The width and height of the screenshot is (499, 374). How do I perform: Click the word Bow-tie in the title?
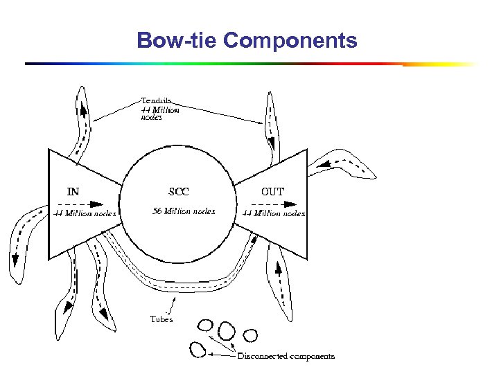pyautogui.click(x=177, y=40)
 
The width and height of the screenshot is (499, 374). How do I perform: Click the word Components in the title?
pyautogui.click(x=290, y=40)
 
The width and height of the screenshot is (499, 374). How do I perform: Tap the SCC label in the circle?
pyautogui.click(x=178, y=191)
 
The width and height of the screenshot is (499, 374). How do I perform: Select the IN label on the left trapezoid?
pyautogui.click(x=73, y=191)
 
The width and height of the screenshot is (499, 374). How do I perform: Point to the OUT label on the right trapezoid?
pyautogui.click(x=272, y=191)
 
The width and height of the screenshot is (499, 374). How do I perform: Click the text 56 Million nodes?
pyautogui.click(x=184, y=211)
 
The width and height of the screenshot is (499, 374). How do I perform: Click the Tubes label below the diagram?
pyautogui.click(x=161, y=319)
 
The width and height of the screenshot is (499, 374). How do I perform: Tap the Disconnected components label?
pyautogui.click(x=286, y=357)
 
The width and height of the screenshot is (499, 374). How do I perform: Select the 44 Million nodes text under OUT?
pyautogui.click(x=273, y=213)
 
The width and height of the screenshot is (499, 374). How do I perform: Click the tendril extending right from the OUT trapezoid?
pyautogui.click(x=343, y=163)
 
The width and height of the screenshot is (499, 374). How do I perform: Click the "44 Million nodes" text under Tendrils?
pyautogui.click(x=160, y=114)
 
